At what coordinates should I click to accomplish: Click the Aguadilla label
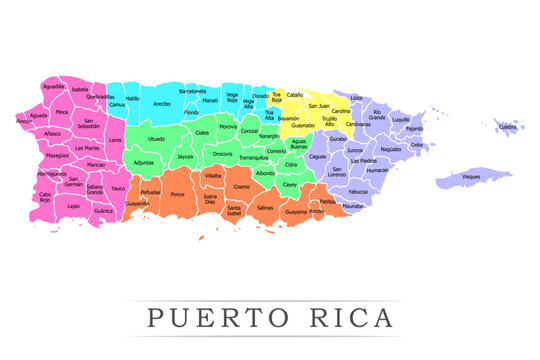click(x=54, y=87)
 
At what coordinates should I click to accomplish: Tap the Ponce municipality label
click(x=178, y=194)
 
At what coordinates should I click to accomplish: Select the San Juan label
click(x=319, y=105)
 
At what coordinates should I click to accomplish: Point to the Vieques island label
click(x=471, y=176)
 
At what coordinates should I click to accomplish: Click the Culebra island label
click(x=508, y=127)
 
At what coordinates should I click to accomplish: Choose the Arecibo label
click(x=161, y=103)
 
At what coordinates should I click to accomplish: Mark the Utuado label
click(x=156, y=139)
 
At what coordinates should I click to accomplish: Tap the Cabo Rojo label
click(x=45, y=197)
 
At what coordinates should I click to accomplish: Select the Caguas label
click(x=317, y=156)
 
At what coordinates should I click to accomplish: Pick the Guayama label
click(x=296, y=212)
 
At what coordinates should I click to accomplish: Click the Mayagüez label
click(x=57, y=156)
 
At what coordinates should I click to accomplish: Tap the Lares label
click(x=116, y=140)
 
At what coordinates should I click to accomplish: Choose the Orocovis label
click(x=223, y=154)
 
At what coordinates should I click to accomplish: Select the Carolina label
click(x=340, y=111)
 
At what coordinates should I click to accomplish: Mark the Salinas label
click(x=265, y=208)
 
